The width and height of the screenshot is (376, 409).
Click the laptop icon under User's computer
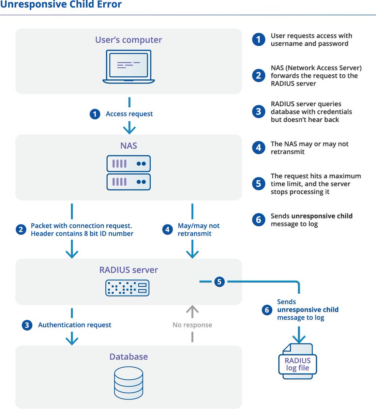(x=129, y=67)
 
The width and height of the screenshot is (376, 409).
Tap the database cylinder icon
(x=129, y=383)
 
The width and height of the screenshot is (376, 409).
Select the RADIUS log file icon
(x=298, y=361)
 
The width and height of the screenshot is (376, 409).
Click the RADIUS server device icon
(x=127, y=288)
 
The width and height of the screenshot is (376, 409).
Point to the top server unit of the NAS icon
(x=129, y=164)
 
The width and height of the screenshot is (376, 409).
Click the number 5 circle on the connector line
(x=219, y=282)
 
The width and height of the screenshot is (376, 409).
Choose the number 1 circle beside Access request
(x=95, y=114)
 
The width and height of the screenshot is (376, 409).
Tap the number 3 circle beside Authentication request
(x=27, y=325)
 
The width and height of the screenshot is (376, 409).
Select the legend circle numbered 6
(x=258, y=219)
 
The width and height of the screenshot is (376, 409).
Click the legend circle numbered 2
(x=258, y=75)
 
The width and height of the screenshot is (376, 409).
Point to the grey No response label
(x=192, y=325)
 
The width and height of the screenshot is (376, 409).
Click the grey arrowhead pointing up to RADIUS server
(x=192, y=309)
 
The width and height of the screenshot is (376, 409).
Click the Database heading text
(x=129, y=357)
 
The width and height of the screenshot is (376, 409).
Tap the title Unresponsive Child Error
(x=61, y=4)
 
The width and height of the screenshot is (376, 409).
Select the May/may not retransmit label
(x=198, y=230)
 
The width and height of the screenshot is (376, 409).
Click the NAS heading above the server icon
(x=129, y=146)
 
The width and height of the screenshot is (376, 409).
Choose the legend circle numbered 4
(x=258, y=148)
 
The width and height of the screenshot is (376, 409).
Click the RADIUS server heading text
(x=129, y=270)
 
